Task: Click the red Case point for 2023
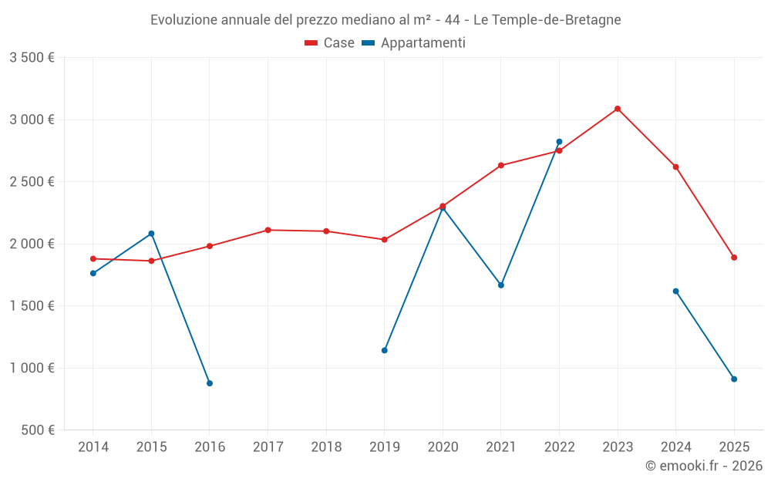[x=618, y=109]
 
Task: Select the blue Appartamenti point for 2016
[x=210, y=383]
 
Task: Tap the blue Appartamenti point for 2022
[x=559, y=142]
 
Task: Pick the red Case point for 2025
[x=734, y=258]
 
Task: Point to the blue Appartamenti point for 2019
[x=385, y=350]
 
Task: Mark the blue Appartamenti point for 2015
[x=151, y=234]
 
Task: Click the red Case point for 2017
[x=268, y=230]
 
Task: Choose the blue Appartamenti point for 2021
[x=501, y=285]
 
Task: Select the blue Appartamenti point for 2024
[x=676, y=292]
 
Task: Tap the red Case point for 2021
[x=501, y=166]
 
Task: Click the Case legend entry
[x=330, y=43]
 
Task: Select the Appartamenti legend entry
[x=414, y=43]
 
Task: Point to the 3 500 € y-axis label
[x=32, y=58]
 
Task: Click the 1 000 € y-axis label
[x=32, y=368]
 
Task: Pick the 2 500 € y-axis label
[x=32, y=182]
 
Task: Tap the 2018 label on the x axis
[x=326, y=447]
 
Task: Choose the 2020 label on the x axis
[x=443, y=447]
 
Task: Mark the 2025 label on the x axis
[x=734, y=447]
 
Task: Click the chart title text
[x=385, y=20]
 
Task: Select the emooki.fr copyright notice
[x=703, y=466]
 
